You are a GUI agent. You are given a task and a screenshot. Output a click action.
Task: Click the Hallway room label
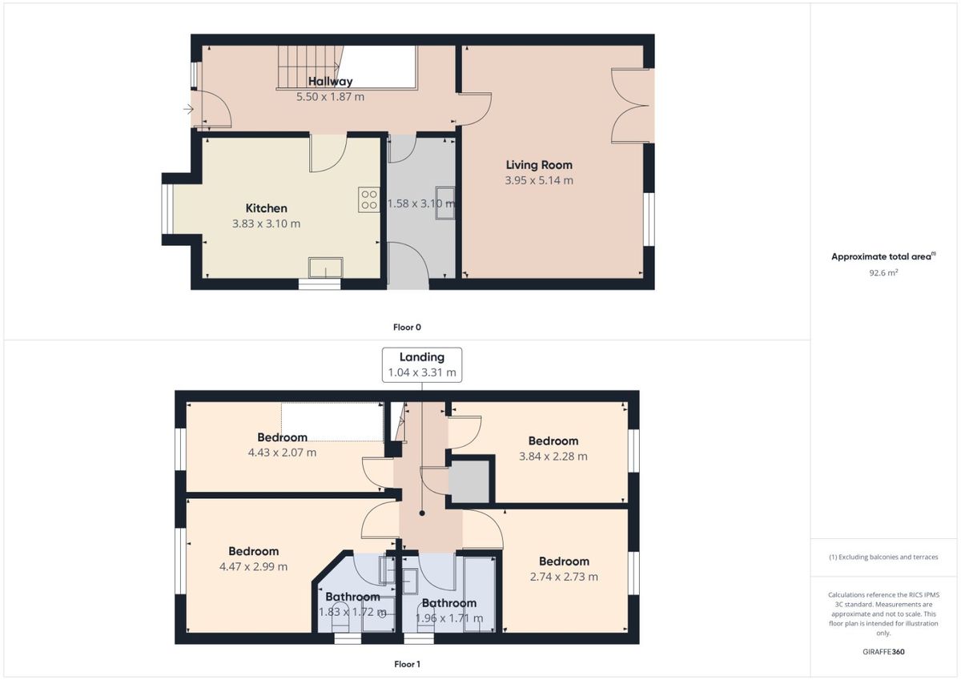point(330,81)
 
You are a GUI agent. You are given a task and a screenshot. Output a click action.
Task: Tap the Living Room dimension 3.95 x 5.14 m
point(539,180)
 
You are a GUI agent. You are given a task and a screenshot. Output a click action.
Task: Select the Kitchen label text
point(266,208)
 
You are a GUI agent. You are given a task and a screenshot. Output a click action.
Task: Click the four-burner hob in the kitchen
point(369,200)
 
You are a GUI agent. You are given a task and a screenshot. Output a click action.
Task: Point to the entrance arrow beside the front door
point(188,110)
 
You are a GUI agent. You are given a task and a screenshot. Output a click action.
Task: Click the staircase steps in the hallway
point(310,67)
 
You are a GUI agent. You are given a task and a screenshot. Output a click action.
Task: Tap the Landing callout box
point(422,364)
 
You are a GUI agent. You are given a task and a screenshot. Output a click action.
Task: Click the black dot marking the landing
point(422,513)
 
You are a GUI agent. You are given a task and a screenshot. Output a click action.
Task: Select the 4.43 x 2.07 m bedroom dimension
point(282,453)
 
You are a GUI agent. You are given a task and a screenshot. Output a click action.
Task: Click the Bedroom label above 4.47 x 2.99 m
point(253,551)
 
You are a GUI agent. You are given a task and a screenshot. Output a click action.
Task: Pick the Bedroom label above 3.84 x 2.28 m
point(553,441)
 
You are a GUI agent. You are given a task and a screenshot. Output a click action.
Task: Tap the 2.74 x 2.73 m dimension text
point(564,577)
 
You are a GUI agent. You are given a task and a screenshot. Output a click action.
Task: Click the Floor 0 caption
point(407,327)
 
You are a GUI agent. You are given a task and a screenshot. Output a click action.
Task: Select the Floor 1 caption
point(407,664)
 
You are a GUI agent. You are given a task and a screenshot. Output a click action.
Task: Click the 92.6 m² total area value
point(883,272)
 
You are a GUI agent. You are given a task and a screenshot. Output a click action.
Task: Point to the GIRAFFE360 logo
point(883,652)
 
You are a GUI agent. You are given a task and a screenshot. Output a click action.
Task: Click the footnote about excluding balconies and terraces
point(883,557)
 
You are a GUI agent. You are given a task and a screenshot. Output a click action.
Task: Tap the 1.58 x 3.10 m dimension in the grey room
point(421,203)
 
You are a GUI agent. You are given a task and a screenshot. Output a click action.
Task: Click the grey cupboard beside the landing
point(469,481)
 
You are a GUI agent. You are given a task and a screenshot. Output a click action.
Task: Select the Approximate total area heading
point(883,256)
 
